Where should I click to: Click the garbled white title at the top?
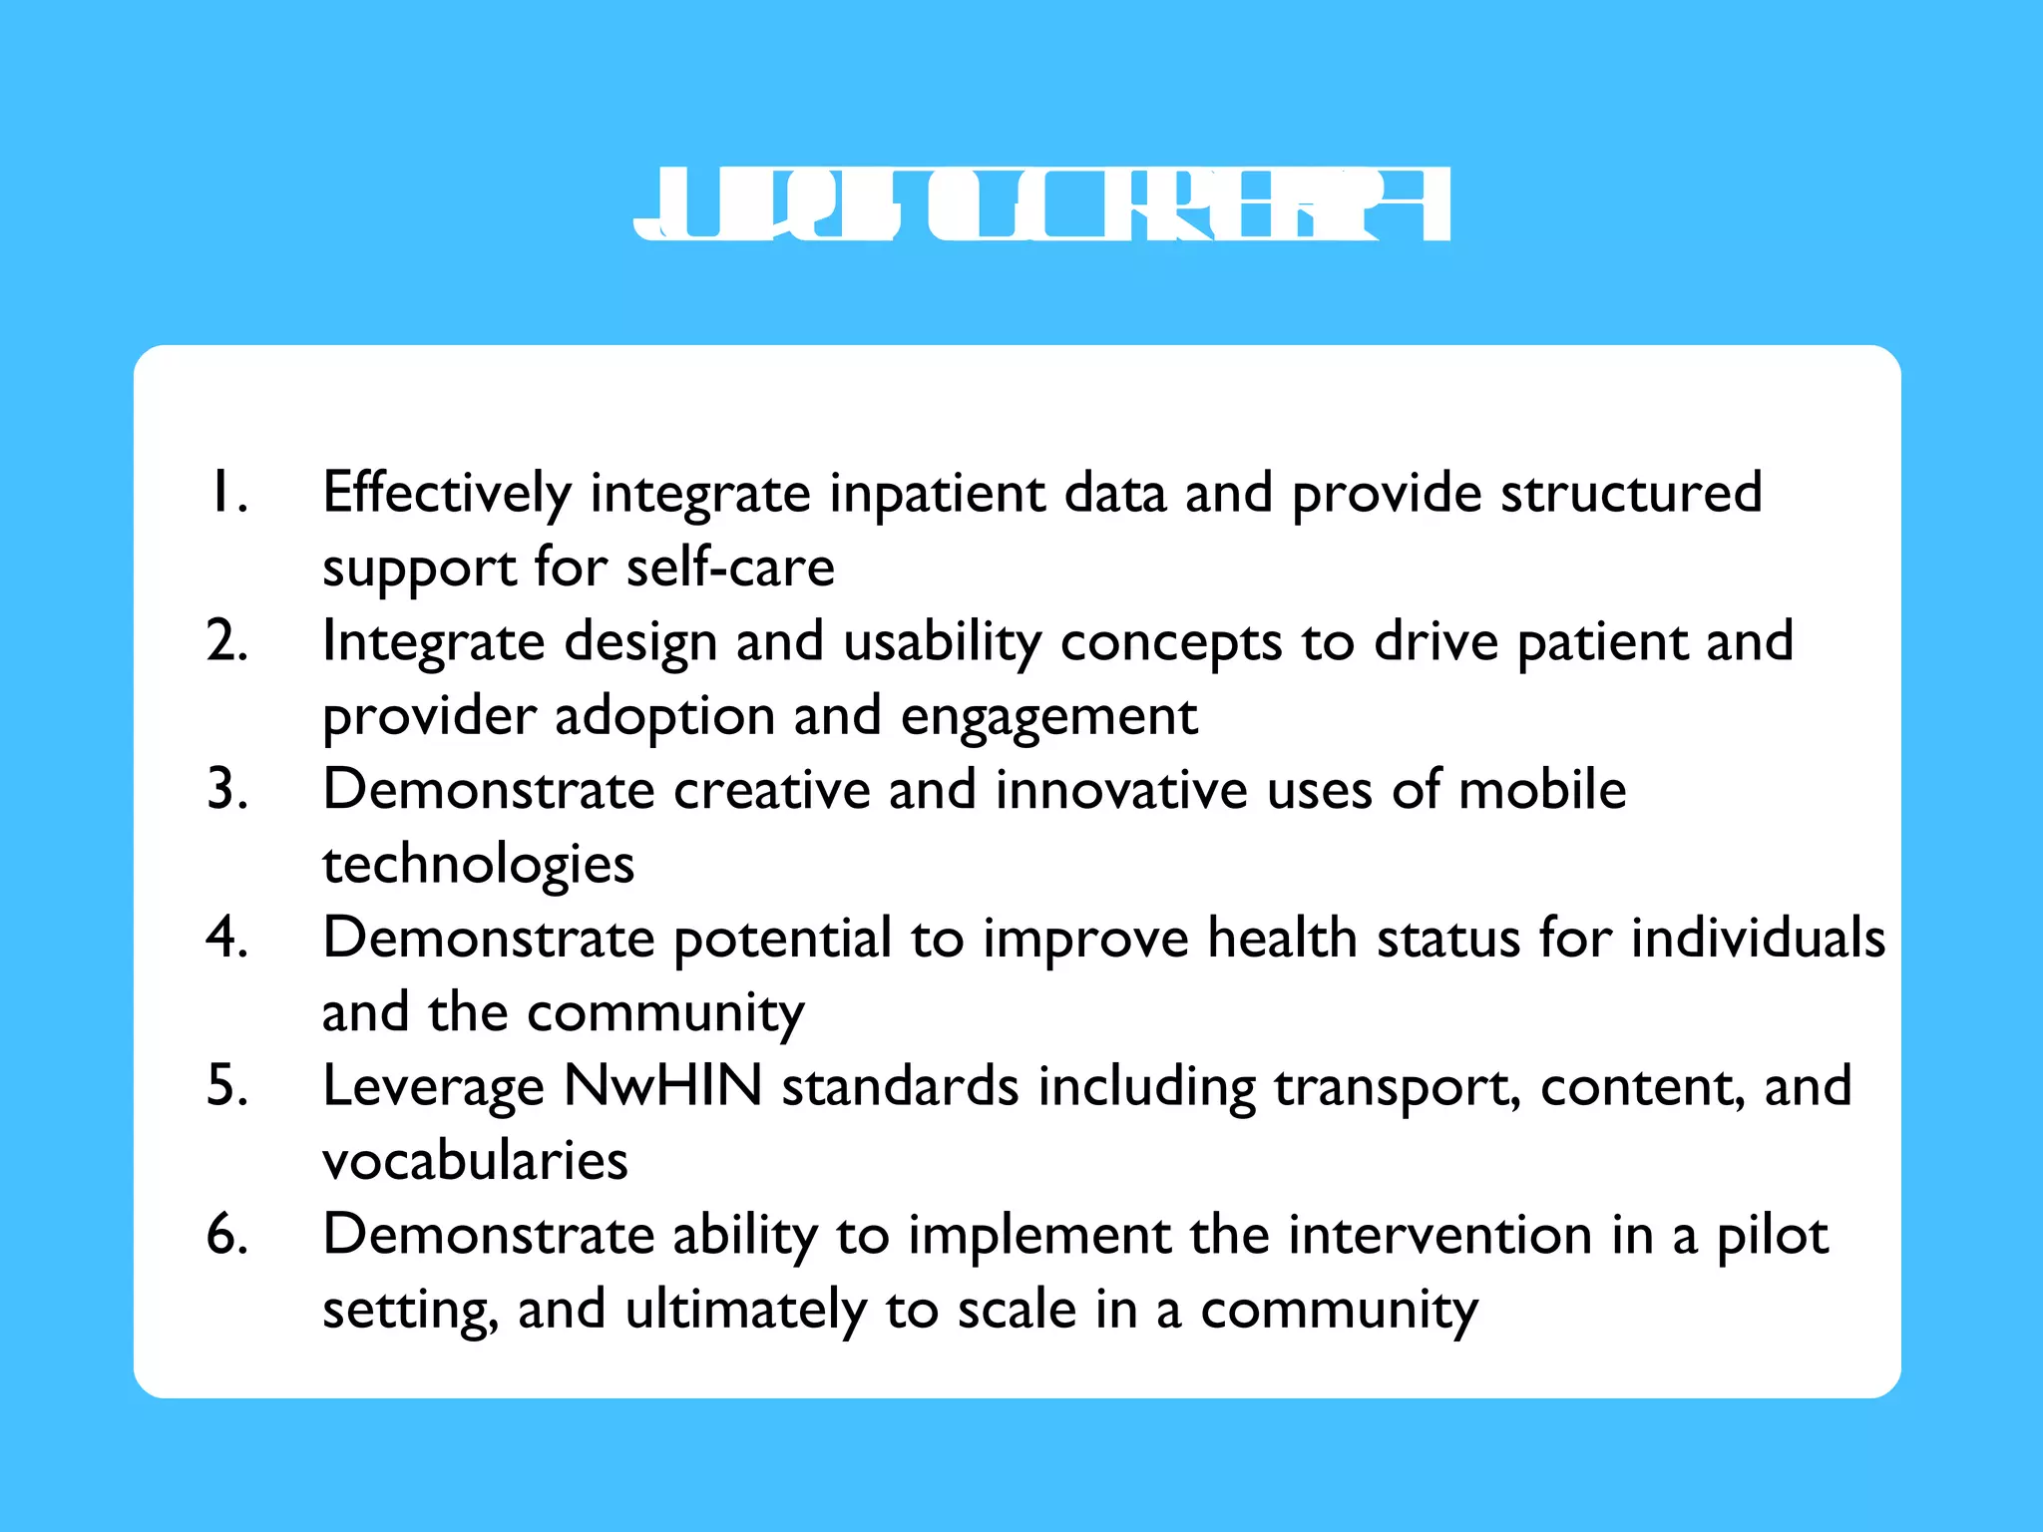[1041, 204]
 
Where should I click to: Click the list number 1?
[226, 492]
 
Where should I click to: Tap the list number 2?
[226, 640]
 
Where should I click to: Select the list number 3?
[226, 789]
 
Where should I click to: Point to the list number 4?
[226, 938]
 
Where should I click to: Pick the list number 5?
[226, 1085]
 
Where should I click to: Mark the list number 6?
[226, 1234]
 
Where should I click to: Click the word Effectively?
[447, 494]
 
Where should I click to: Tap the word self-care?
[730, 568]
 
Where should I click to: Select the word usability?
[942, 642]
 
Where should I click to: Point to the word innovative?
[1121, 790]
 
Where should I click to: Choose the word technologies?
[478, 865]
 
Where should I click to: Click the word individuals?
[1758, 938]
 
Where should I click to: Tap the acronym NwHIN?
[662, 1085]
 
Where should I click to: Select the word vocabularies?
[475, 1160]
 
